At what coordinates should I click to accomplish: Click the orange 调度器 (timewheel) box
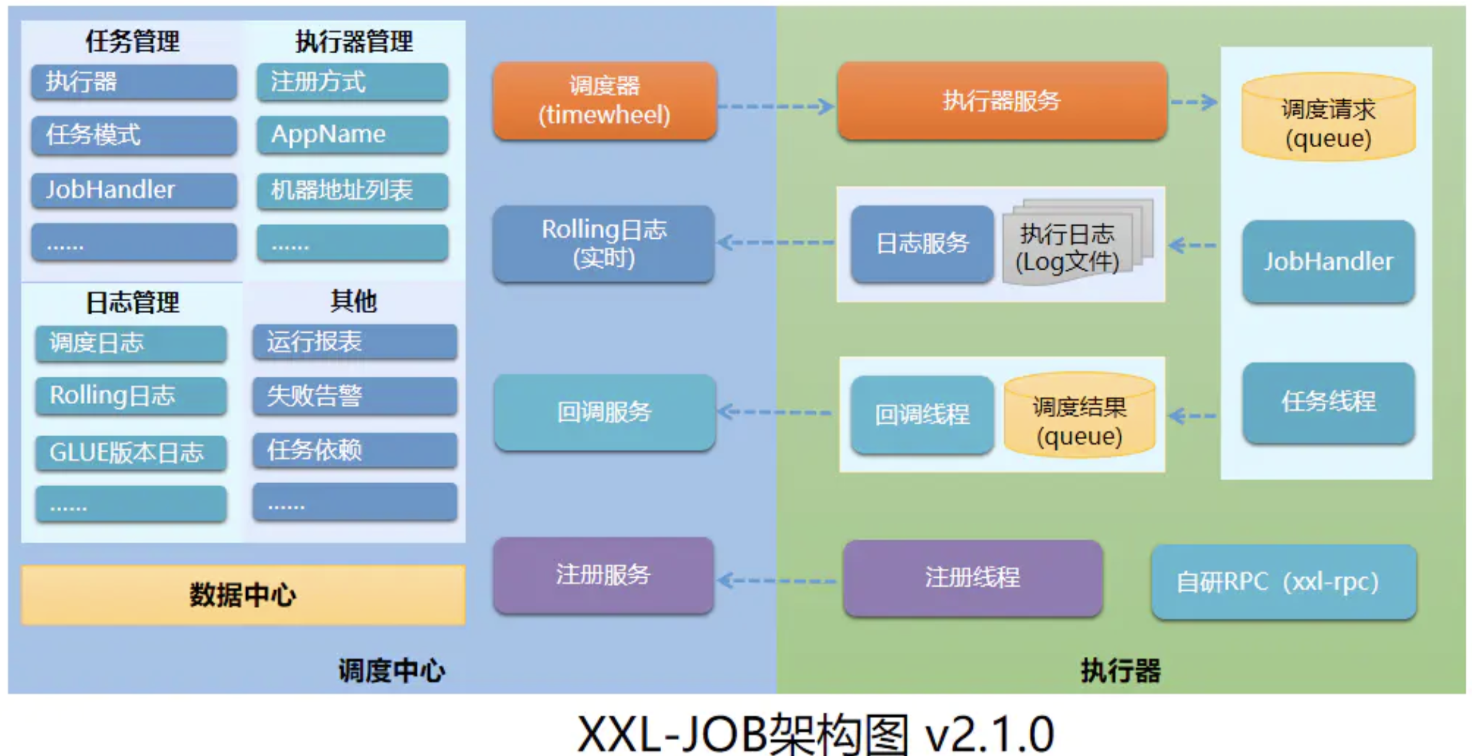pyautogui.click(x=605, y=100)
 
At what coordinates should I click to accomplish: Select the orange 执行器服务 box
pyautogui.click(x=1002, y=100)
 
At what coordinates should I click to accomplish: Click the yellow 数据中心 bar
pyautogui.click(x=243, y=595)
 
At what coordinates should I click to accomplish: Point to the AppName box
pyautogui.click(x=353, y=134)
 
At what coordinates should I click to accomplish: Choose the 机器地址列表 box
pyautogui.click(x=353, y=190)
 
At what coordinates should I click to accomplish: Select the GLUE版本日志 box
pyautogui.click(x=131, y=452)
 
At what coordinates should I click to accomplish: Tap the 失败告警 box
pyautogui.click(x=354, y=395)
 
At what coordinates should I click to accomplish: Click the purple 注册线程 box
pyautogui.click(x=972, y=577)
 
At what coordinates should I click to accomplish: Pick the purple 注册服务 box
pyautogui.click(x=604, y=575)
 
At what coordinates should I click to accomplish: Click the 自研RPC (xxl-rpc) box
pyautogui.click(x=1283, y=582)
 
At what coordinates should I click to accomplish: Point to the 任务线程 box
pyautogui.click(x=1329, y=402)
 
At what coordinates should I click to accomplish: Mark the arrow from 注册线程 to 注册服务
pyautogui.click(x=776, y=581)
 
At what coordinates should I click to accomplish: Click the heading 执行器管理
pyautogui.click(x=354, y=41)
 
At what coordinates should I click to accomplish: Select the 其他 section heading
pyautogui.click(x=353, y=301)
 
